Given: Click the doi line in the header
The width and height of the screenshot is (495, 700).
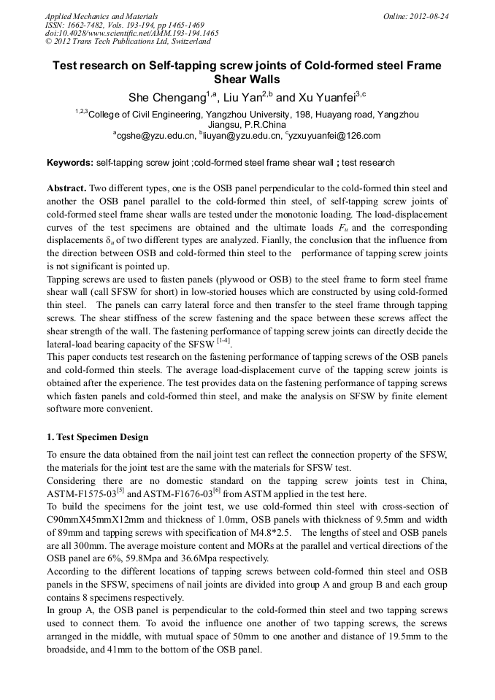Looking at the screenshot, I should [x=131, y=33].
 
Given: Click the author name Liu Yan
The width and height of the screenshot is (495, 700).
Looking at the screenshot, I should [x=242, y=97].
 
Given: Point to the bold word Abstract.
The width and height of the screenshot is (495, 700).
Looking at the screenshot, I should [x=68, y=188].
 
